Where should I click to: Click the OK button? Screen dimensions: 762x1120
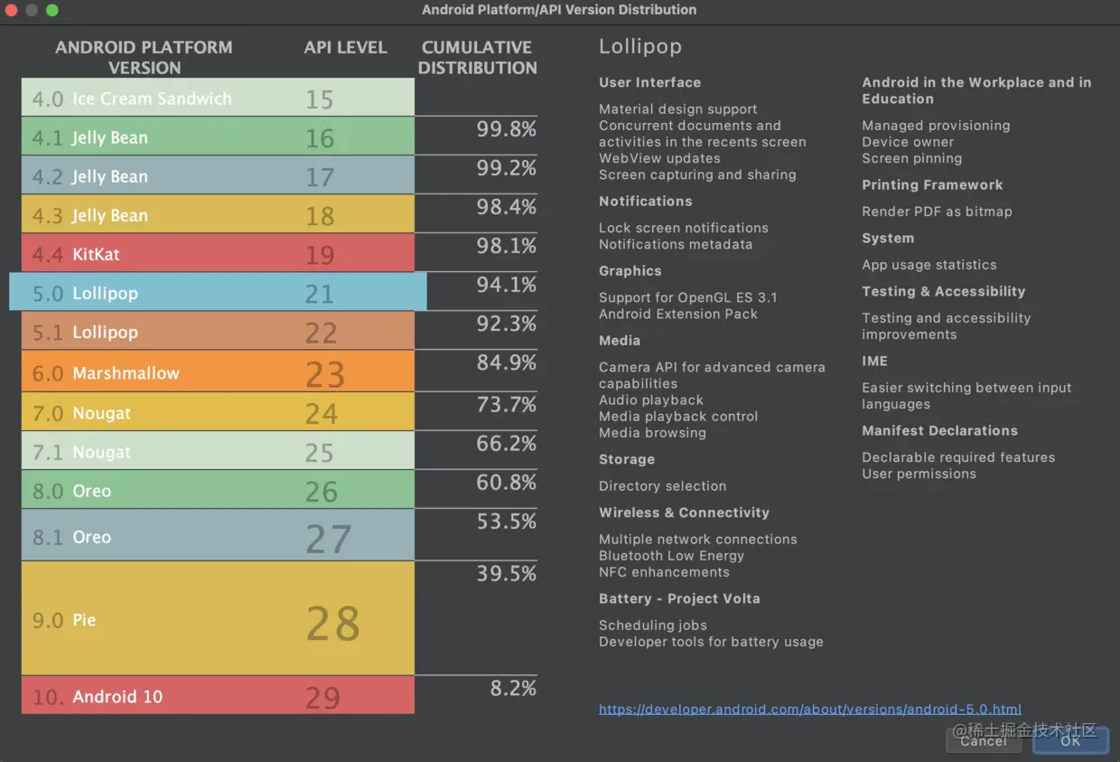[x=1070, y=740]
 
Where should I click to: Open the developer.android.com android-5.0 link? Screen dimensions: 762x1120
[x=809, y=710]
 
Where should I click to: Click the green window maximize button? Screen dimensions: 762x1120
[x=52, y=10]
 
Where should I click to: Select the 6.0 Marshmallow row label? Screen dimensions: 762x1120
[x=106, y=372]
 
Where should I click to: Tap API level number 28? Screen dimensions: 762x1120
[x=332, y=623]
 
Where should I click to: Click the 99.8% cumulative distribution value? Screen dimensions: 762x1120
[x=506, y=129]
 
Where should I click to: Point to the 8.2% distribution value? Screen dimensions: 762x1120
[x=513, y=688]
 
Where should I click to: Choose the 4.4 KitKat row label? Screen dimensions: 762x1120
[x=76, y=254]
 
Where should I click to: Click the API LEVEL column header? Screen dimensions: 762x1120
[x=345, y=48]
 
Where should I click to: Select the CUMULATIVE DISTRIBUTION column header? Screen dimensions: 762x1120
[x=477, y=57]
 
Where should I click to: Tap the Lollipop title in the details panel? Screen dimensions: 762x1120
[x=639, y=47]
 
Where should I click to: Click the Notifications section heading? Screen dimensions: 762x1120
[x=645, y=202]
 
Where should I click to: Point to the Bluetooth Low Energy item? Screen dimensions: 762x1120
[x=671, y=556]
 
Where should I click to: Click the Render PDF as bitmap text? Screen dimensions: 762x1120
[x=937, y=212]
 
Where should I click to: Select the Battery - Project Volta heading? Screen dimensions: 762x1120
[x=679, y=598]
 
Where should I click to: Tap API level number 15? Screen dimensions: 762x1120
[x=319, y=99]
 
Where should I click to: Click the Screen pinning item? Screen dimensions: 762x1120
[x=911, y=158]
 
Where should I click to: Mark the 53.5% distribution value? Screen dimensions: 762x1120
[x=506, y=522]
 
